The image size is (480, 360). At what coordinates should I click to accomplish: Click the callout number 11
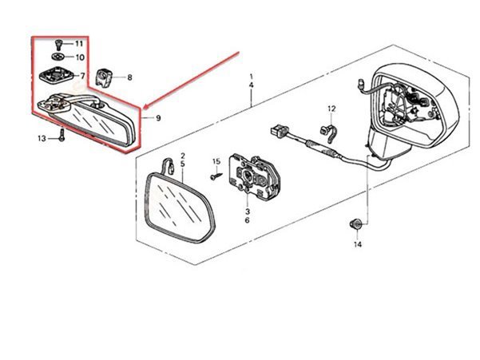[79, 44]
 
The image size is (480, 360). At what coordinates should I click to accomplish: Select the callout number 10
[80, 57]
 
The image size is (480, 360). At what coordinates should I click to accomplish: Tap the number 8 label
[130, 77]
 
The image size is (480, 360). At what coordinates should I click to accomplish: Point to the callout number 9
[158, 118]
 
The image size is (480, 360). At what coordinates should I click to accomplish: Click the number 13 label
[42, 139]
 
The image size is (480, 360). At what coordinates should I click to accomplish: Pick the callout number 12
[331, 109]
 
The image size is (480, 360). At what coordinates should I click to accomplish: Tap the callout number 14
[358, 244]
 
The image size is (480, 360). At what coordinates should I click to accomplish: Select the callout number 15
[216, 161]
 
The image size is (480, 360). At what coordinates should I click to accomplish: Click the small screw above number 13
[62, 135]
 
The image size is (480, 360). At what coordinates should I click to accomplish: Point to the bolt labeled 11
[58, 45]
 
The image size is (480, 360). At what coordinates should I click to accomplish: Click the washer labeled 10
[58, 57]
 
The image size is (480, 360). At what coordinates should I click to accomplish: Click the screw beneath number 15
[216, 176]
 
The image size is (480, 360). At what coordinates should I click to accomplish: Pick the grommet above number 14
[356, 224]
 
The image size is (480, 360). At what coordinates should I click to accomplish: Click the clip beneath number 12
[328, 133]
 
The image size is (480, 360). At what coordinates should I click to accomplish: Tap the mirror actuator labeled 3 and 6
[255, 176]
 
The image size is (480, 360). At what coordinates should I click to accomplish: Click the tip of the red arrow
[144, 108]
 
